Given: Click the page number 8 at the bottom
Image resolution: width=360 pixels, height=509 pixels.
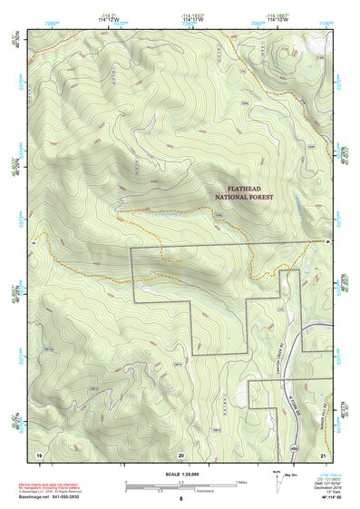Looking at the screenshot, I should pyautogui.click(x=180, y=499).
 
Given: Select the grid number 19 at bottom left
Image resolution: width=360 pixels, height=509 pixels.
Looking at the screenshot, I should pyautogui.click(x=38, y=453).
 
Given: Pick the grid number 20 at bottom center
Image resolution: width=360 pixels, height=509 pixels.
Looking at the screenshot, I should pyautogui.click(x=180, y=453).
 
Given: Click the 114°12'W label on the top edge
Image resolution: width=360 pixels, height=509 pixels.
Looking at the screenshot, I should pyautogui.click(x=110, y=21).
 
